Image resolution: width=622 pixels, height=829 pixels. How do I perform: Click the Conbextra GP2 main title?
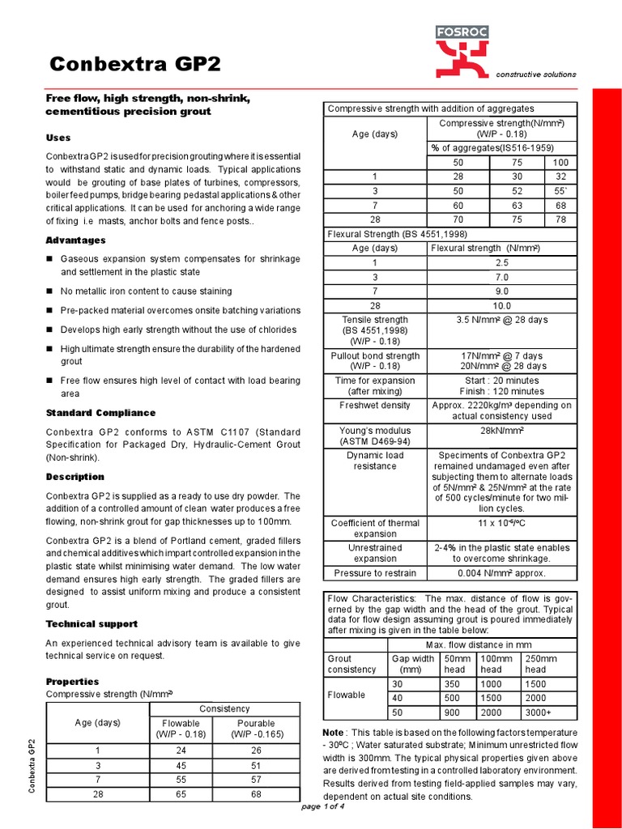click(134, 64)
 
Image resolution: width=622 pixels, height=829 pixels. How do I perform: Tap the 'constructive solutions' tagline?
click(536, 74)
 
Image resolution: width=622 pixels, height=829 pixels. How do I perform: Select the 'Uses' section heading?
click(58, 138)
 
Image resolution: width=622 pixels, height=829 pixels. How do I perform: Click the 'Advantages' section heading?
click(76, 240)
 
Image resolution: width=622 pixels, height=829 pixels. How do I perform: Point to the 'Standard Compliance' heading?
click(100, 413)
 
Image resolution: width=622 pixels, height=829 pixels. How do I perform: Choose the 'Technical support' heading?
click(92, 624)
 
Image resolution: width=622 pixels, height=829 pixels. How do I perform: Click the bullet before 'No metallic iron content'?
click(49, 291)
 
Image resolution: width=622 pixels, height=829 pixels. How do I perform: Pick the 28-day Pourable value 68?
click(256, 795)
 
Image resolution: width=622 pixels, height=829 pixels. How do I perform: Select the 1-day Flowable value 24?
click(181, 750)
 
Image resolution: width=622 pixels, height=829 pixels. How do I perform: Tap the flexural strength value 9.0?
click(501, 291)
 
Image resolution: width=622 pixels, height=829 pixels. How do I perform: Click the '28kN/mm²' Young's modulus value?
click(501, 431)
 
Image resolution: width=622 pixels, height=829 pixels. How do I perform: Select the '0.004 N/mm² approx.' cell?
click(501, 573)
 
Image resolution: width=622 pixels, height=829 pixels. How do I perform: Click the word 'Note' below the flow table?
click(334, 732)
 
